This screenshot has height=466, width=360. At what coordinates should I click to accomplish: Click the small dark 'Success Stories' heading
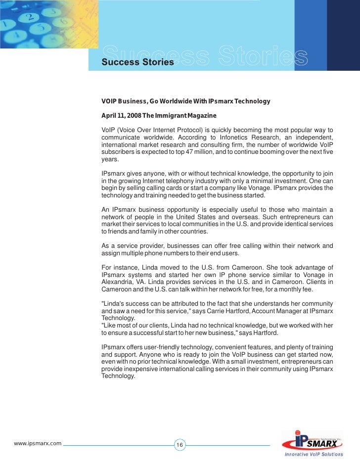click(x=137, y=62)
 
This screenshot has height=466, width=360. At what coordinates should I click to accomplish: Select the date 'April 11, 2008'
click(x=121, y=115)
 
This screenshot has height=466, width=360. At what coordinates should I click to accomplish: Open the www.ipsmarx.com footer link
click(x=38, y=443)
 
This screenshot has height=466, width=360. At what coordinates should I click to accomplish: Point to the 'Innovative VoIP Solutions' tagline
click(x=314, y=454)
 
